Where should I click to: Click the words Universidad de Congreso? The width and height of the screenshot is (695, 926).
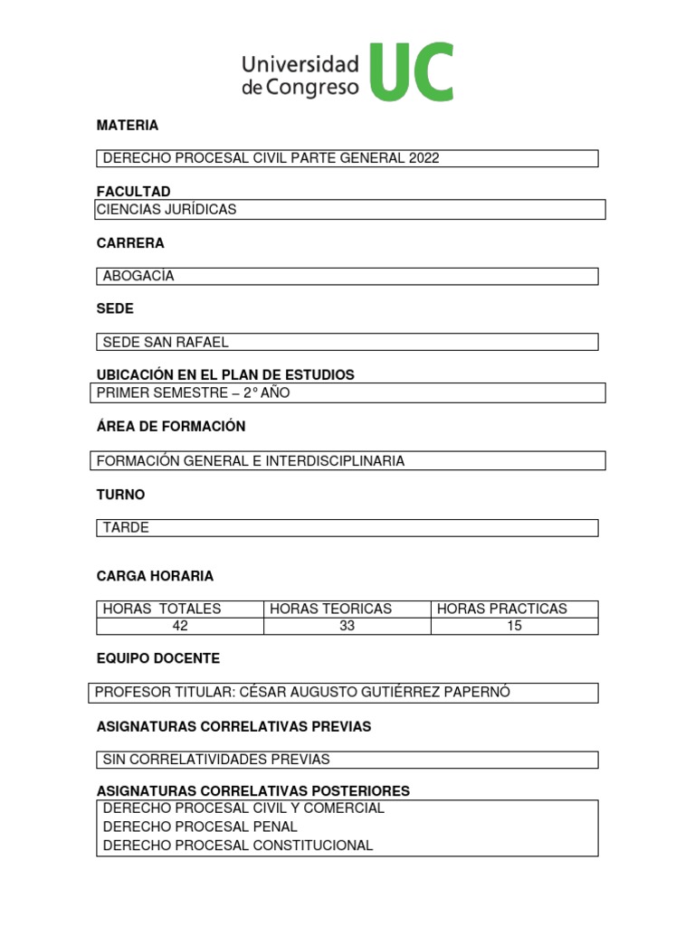pos(300,76)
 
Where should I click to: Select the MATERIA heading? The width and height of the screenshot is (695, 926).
pos(128,125)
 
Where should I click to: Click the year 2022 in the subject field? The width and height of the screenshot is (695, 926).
pos(424,158)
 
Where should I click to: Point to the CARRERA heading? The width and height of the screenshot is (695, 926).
pos(130,243)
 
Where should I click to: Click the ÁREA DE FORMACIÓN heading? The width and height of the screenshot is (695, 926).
pos(171,426)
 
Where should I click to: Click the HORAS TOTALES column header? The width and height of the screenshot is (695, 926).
pos(162,609)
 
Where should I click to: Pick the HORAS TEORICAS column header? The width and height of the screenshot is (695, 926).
pos(331,609)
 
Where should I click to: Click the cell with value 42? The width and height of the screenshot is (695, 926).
pos(180,626)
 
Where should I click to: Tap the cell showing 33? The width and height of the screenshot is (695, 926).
pos(347,626)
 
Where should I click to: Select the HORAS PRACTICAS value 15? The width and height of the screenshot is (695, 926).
pos(514,626)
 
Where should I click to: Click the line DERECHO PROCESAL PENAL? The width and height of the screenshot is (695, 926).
pos(200,827)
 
